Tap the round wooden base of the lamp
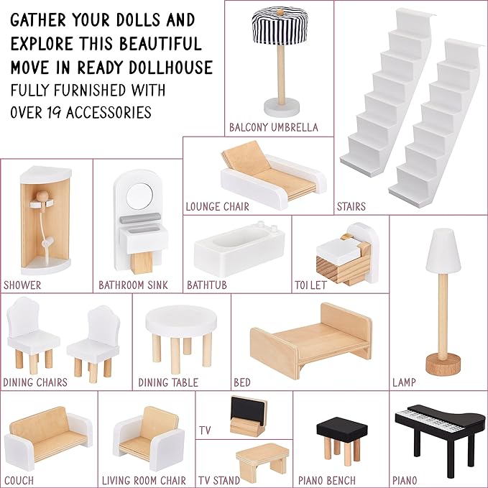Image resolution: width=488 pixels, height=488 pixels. [x=443, y=364]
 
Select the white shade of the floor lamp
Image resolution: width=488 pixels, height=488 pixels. [x=443, y=251]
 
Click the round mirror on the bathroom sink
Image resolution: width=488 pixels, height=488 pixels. [x=139, y=196]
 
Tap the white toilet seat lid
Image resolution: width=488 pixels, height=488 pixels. [x=338, y=250]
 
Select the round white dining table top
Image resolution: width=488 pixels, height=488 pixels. [x=181, y=321]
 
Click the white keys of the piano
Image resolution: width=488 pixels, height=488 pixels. [x=430, y=420]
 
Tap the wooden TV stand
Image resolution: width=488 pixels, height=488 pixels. [x=262, y=459]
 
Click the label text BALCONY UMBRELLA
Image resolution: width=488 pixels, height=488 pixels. [x=274, y=127]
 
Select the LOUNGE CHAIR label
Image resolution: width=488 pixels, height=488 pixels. [x=217, y=207]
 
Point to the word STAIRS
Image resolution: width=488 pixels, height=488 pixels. [x=351, y=206]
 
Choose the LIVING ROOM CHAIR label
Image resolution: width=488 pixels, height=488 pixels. [x=144, y=480]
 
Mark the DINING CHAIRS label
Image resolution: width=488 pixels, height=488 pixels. [x=35, y=382]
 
